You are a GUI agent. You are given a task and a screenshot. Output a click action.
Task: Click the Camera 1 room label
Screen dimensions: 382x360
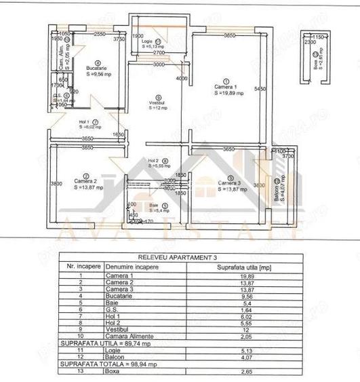(x=226, y=88)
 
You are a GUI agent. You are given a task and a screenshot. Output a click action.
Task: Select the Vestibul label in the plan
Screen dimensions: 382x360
(x=157, y=104)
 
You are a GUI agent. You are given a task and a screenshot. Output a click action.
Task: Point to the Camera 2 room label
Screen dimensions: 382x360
(x=84, y=182)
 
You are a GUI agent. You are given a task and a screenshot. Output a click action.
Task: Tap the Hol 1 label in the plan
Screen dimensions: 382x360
(x=85, y=123)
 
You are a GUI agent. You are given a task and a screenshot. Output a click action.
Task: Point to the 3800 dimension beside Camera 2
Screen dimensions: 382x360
(x=56, y=183)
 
